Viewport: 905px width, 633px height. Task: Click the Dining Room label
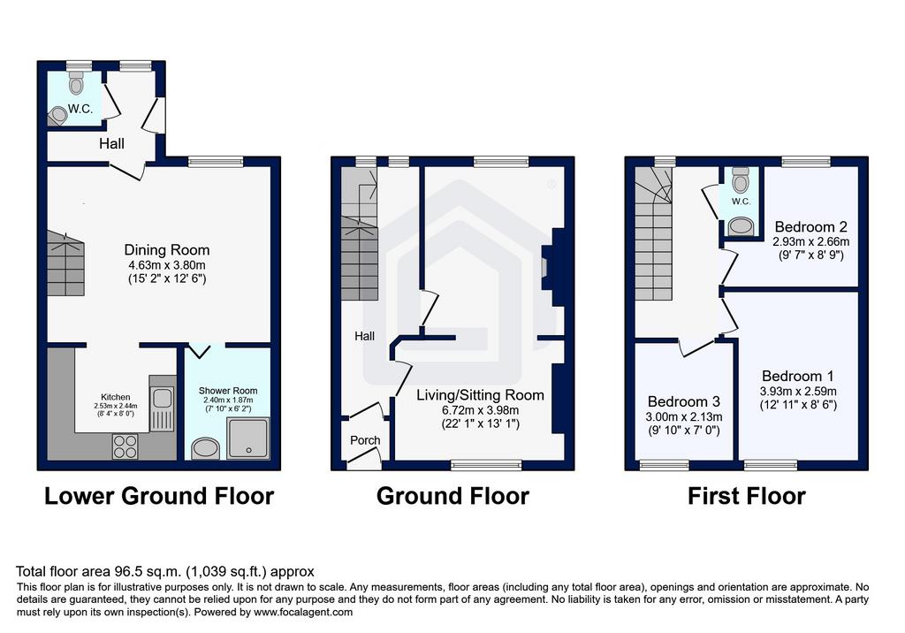pyautogui.click(x=167, y=250)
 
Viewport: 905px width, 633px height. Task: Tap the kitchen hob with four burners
pyautogui.click(x=125, y=446)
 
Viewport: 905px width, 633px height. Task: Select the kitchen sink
pyautogui.click(x=163, y=403)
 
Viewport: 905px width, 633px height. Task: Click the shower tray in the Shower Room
pyautogui.click(x=248, y=439)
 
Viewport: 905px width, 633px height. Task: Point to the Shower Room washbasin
pyautogui.click(x=205, y=449)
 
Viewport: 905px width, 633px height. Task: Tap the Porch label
pyautogui.click(x=365, y=440)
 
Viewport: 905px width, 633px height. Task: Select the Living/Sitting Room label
pyautogui.click(x=480, y=395)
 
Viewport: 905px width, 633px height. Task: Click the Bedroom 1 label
pyautogui.click(x=798, y=377)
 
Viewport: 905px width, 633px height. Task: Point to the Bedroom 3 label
pyautogui.click(x=684, y=401)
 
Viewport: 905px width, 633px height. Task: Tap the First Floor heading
pyautogui.click(x=746, y=496)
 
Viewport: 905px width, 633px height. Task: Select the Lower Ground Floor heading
pyautogui.click(x=159, y=496)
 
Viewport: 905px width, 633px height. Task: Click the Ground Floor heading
pyautogui.click(x=452, y=496)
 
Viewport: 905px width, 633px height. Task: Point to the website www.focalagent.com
pyautogui.click(x=303, y=612)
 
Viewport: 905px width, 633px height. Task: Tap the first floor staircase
pyautogui.click(x=654, y=233)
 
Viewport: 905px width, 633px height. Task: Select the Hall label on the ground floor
pyautogui.click(x=364, y=336)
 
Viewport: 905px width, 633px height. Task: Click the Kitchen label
pyautogui.click(x=116, y=397)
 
